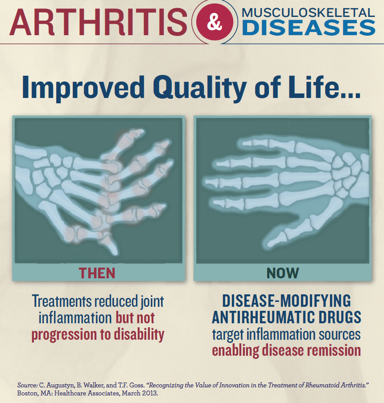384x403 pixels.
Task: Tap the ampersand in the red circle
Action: (x=215, y=23)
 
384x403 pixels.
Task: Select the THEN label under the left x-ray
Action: (x=97, y=273)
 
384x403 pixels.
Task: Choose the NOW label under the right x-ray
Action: (x=283, y=273)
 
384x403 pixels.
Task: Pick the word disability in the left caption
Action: (x=137, y=334)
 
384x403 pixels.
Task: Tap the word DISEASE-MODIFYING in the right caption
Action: (x=286, y=301)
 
